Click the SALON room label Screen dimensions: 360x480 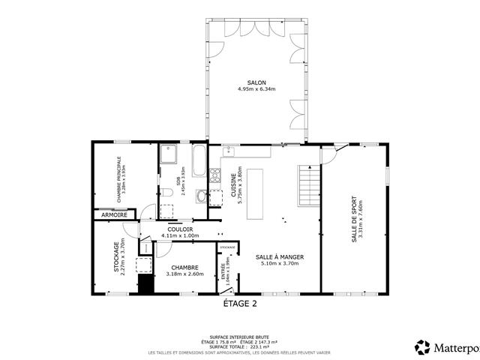pos(256,82)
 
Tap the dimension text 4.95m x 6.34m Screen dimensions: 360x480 pos(256,89)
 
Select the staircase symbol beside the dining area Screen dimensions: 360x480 pos(309,185)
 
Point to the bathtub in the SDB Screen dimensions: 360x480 pos(199,161)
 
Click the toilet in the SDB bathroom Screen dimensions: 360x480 pos(166,192)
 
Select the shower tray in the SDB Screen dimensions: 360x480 pos(168,154)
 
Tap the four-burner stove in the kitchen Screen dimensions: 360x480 pos(214,177)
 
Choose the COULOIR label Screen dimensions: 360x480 pos(180,229)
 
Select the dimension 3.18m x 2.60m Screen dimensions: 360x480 pos(184,274)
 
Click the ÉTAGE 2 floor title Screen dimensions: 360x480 pos(240,304)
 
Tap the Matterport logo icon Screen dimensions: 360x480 pos(423,346)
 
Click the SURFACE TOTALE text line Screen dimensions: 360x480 pos(240,347)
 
